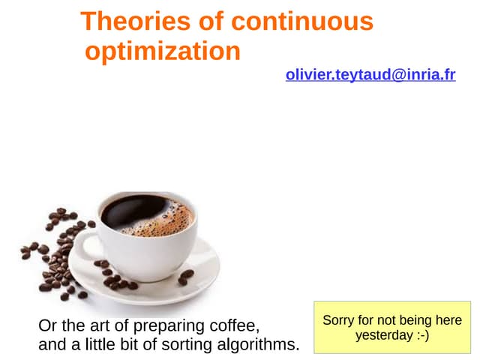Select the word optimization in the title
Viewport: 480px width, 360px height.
[163, 52]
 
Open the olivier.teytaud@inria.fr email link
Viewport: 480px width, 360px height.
[370, 75]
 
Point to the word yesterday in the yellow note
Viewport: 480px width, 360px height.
[384, 335]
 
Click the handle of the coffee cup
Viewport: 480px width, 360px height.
[84, 247]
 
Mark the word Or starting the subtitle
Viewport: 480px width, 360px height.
[46, 326]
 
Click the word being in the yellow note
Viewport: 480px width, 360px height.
[416, 320]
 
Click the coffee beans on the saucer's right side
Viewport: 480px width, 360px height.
[185, 277]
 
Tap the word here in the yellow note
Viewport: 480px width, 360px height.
[448, 320]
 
